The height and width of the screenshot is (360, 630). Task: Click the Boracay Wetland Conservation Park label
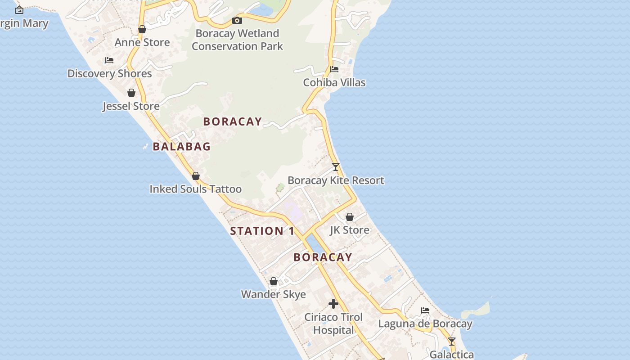(237, 40)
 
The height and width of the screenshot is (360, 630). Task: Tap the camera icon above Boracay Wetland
(237, 20)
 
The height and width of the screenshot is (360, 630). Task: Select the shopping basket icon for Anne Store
(142, 30)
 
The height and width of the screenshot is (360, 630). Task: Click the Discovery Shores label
(109, 73)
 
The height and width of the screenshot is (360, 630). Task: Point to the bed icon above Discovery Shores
(109, 60)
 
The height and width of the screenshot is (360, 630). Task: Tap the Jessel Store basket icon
(131, 93)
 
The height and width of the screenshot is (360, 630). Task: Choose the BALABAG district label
(182, 146)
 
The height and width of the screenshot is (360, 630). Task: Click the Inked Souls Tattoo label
(195, 189)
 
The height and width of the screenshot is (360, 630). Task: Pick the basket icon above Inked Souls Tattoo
(196, 176)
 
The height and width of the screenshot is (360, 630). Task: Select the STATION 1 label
(262, 231)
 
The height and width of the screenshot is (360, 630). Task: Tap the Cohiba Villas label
(334, 82)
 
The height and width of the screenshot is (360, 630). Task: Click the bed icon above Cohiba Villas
(334, 69)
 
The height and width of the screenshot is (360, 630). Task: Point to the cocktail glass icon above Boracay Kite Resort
(336, 167)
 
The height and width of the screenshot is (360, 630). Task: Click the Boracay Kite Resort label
(336, 180)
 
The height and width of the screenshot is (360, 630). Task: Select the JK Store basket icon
(350, 217)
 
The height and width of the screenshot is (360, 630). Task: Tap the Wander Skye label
(274, 294)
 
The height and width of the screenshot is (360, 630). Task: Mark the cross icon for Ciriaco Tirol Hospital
(333, 304)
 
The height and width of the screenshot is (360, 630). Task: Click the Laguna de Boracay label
(425, 324)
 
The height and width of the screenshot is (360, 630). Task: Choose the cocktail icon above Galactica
(452, 342)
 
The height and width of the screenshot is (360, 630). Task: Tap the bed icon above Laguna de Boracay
(425, 310)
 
